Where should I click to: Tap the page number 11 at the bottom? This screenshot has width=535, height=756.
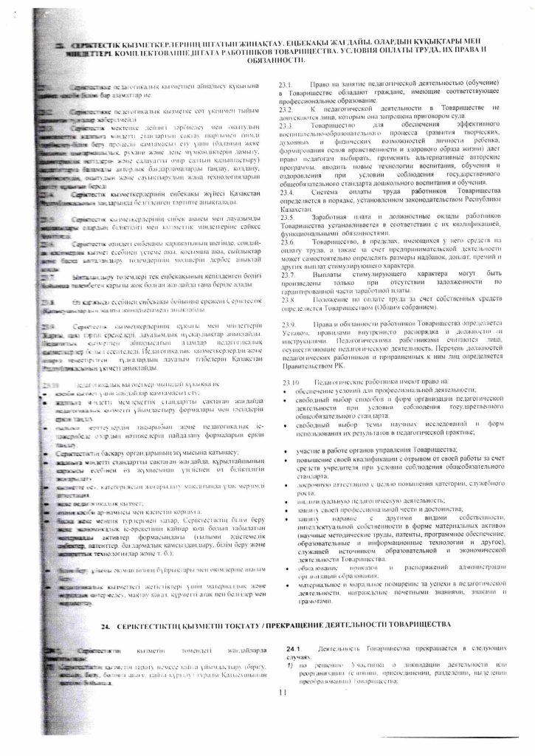(281, 692)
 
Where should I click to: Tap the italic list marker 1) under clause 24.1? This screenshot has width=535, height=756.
(283, 664)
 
